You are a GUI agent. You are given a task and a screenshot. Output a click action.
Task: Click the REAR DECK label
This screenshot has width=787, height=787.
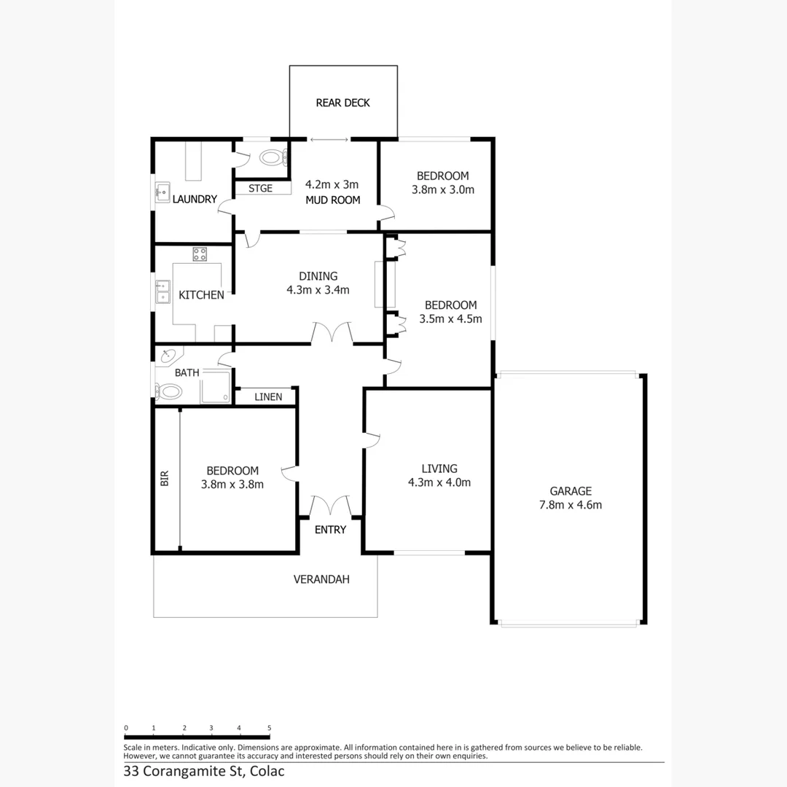pyautogui.click(x=342, y=103)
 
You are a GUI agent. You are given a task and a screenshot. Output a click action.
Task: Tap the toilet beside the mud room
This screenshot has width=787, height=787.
pyautogui.click(x=271, y=157)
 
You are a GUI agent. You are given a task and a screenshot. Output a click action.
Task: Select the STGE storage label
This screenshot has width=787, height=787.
pyautogui.click(x=260, y=189)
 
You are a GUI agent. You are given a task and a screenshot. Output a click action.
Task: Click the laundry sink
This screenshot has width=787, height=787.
pyautogui.click(x=161, y=193)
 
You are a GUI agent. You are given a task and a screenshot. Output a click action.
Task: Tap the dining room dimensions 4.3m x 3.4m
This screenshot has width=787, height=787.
pyautogui.click(x=318, y=289)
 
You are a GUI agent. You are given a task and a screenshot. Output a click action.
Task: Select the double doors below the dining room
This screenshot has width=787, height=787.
pyautogui.click(x=332, y=334)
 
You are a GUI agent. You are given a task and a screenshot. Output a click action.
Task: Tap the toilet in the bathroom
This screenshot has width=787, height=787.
pyautogui.click(x=169, y=391)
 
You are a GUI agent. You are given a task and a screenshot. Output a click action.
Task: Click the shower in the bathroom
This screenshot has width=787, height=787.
pyautogui.click(x=216, y=386)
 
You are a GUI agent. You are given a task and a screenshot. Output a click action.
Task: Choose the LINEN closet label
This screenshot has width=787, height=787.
pyautogui.click(x=267, y=397)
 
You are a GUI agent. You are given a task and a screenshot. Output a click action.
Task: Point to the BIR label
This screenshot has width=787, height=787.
pyautogui.click(x=165, y=478)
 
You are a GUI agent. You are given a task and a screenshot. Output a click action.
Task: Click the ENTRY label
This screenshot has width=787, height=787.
pyautogui.click(x=330, y=530)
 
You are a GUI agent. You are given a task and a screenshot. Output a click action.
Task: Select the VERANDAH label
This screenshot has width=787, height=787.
pyautogui.click(x=321, y=579)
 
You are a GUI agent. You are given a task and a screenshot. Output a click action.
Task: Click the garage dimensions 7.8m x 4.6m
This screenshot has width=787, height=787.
pyautogui.click(x=571, y=504)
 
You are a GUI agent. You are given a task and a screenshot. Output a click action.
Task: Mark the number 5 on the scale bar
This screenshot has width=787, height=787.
pyautogui.click(x=270, y=728)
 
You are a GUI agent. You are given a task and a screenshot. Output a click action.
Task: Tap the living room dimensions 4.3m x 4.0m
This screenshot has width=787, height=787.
pyautogui.click(x=439, y=482)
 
